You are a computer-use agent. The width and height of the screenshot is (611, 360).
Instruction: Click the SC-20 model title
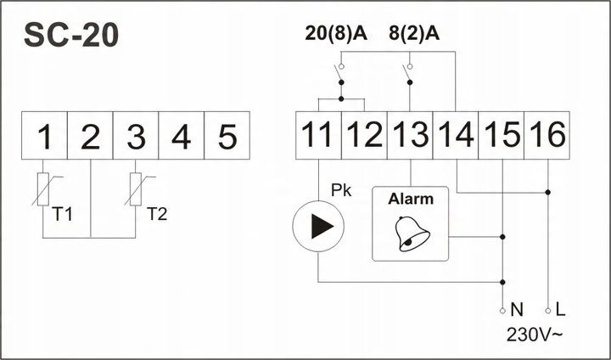click(71, 35)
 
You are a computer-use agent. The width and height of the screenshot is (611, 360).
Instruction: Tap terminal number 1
click(45, 136)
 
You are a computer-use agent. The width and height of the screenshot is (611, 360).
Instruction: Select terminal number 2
click(90, 136)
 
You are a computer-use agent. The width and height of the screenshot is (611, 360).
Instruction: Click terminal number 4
click(181, 136)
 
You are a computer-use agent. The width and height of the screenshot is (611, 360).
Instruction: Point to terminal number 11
click(318, 135)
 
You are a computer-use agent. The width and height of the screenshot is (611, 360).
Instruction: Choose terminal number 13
click(410, 135)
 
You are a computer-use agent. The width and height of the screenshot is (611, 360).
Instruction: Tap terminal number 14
click(456, 135)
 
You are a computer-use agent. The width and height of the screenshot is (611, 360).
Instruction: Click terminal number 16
click(547, 135)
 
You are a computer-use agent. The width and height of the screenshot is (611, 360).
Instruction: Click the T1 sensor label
click(62, 212)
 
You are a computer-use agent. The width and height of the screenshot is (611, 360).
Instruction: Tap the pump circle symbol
click(318, 227)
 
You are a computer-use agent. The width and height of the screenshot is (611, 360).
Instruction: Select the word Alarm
click(411, 200)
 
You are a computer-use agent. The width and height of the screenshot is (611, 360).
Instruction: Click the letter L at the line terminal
click(561, 311)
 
